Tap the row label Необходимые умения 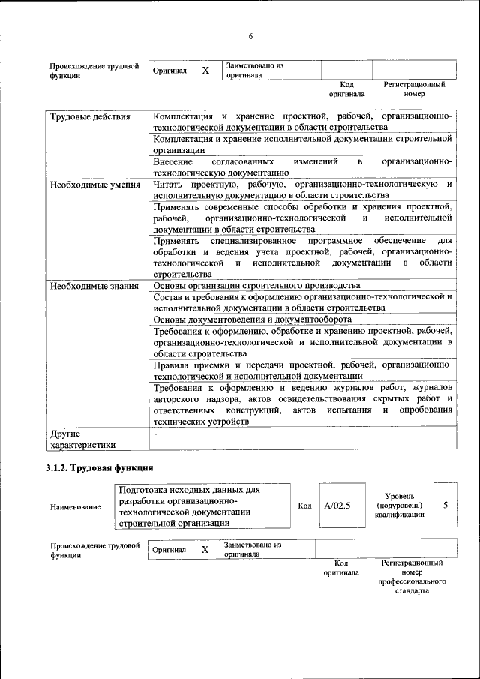[94, 185]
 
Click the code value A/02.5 [337, 506]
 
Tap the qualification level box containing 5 [445, 505]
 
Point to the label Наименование [76, 507]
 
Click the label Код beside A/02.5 [304, 506]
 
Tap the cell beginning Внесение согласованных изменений [302, 167]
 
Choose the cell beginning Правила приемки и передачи [302, 370]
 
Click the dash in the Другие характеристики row [155, 434]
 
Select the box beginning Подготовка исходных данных [202, 506]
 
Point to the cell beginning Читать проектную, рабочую [302, 189]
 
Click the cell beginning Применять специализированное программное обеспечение [302, 257]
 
